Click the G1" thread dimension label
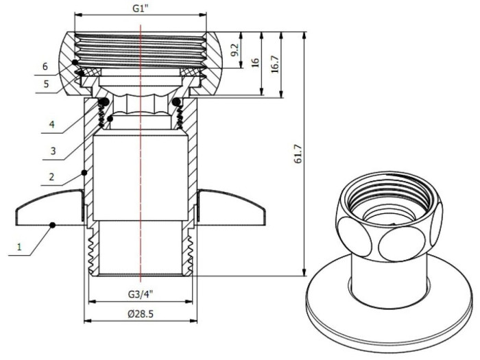(x=140, y=8)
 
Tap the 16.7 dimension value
(x=275, y=64)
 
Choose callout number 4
(x=45, y=125)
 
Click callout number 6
(x=45, y=67)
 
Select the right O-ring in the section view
(x=176, y=103)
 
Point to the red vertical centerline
(x=141, y=171)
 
